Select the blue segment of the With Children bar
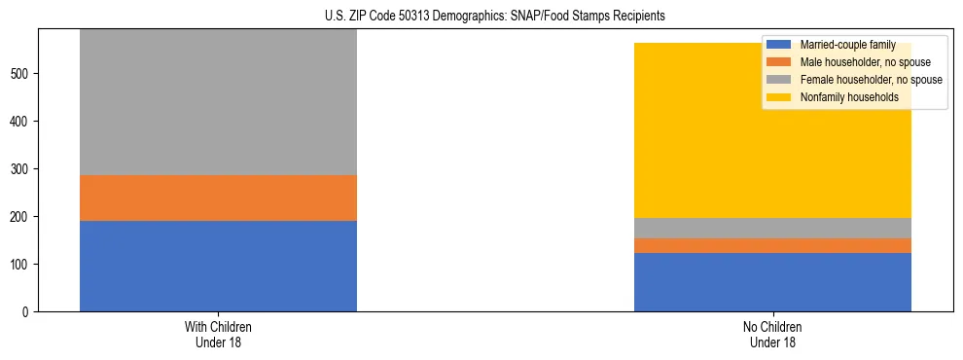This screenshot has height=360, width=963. click(x=218, y=266)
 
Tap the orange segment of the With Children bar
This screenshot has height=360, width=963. click(x=218, y=198)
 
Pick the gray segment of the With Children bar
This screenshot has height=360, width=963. click(x=218, y=102)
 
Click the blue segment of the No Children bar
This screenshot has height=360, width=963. click(x=772, y=282)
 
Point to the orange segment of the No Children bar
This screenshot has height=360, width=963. click(x=772, y=245)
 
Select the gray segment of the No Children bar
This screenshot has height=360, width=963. click(x=772, y=228)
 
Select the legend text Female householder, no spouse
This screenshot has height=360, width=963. click(x=870, y=80)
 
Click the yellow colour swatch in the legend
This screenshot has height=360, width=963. click(x=779, y=97)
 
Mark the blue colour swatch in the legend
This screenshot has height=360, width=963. click(x=779, y=45)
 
